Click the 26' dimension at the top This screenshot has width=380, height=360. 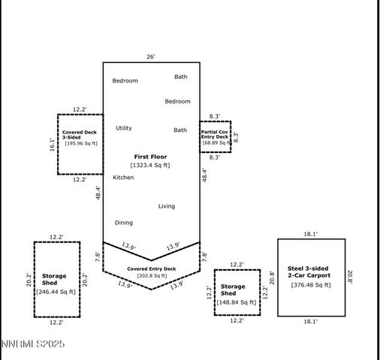[152, 56]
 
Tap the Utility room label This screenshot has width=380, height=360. [123, 128]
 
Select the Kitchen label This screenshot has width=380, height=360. [123, 178]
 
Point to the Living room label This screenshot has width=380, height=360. [166, 206]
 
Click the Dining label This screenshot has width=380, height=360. [123, 223]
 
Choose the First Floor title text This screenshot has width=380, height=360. [151, 156]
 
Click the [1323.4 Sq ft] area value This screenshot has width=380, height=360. [151, 165]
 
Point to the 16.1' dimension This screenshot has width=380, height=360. [52, 145]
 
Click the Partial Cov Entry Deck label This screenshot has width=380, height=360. [215, 134]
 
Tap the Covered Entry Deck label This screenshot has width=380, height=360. [151, 268]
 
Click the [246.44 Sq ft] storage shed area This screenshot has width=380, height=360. [56, 292]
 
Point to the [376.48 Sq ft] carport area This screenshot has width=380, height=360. [311, 285]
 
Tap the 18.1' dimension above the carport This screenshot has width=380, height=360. [311, 234]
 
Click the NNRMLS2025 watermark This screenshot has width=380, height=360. [33, 344]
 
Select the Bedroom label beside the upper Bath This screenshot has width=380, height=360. [125, 81]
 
